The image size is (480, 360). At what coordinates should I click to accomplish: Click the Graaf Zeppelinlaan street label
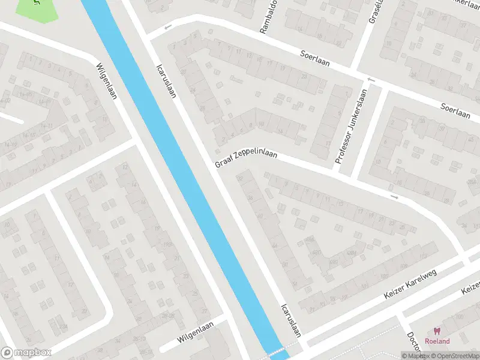pos(246,159)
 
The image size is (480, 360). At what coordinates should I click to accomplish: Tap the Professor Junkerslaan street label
pos(351,127)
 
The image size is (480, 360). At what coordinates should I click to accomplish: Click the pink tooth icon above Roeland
pos(437,331)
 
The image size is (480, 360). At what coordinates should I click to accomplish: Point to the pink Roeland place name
pos(437,341)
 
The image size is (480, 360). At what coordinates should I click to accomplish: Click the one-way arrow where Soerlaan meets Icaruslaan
pos(168,27)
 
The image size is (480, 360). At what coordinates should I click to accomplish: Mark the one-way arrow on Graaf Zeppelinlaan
pos(394,197)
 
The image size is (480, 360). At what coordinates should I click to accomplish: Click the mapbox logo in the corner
pos(26,353)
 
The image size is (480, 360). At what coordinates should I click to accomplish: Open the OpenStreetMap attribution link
pos(454,356)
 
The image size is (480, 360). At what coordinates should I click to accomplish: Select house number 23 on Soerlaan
pos(304,76)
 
